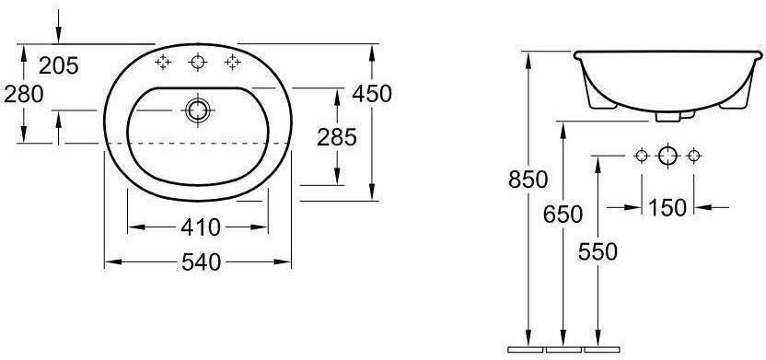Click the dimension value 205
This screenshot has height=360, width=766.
click(x=59, y=65)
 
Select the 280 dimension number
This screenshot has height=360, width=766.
click(x=24, y=94)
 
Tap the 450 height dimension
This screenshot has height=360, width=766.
click(x=372, y=93)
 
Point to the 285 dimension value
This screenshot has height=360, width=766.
click(x=337, y=137)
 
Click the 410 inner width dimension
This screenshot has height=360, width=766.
click(x=201, y=227)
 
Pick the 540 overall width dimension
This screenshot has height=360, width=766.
click(x=202, y=262)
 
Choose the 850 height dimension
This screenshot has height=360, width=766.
click(x=528, y=180)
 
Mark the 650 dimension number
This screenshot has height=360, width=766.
click(x=563, y=215)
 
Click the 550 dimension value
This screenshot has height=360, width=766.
click(x=598, y=251)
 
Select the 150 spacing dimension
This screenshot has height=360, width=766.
click(x=667, y=207)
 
